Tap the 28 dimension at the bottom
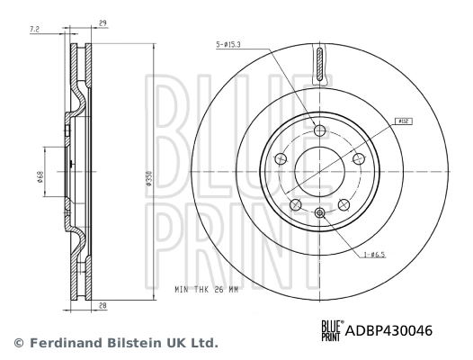[x=103, y=306]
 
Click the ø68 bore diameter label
[x=40, y=177]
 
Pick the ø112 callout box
[x=403, y=120]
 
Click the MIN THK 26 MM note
[x=208, y=291]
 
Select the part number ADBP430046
[x=388, y=331]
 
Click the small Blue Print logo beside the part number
[x=332, y=331]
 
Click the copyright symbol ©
[x=16, y=343]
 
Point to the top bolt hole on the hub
[x=320, y=129]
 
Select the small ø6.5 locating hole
[x=320, y=213]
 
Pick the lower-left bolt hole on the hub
[x=294, y=205]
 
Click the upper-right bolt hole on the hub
[x=359, y=159]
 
